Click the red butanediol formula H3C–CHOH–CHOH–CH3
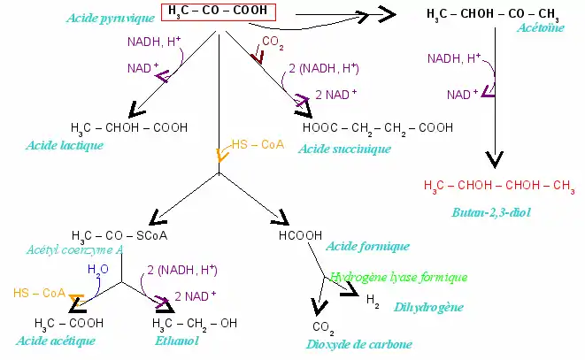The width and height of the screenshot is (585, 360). (x=499, y=186)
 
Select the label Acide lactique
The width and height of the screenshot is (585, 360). (x=65, y=145)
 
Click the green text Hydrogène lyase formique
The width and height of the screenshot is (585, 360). (x=398, y=277)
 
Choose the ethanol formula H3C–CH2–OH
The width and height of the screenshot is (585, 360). (x=194, y=323)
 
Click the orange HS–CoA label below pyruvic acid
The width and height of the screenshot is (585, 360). (x=258, y=144)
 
